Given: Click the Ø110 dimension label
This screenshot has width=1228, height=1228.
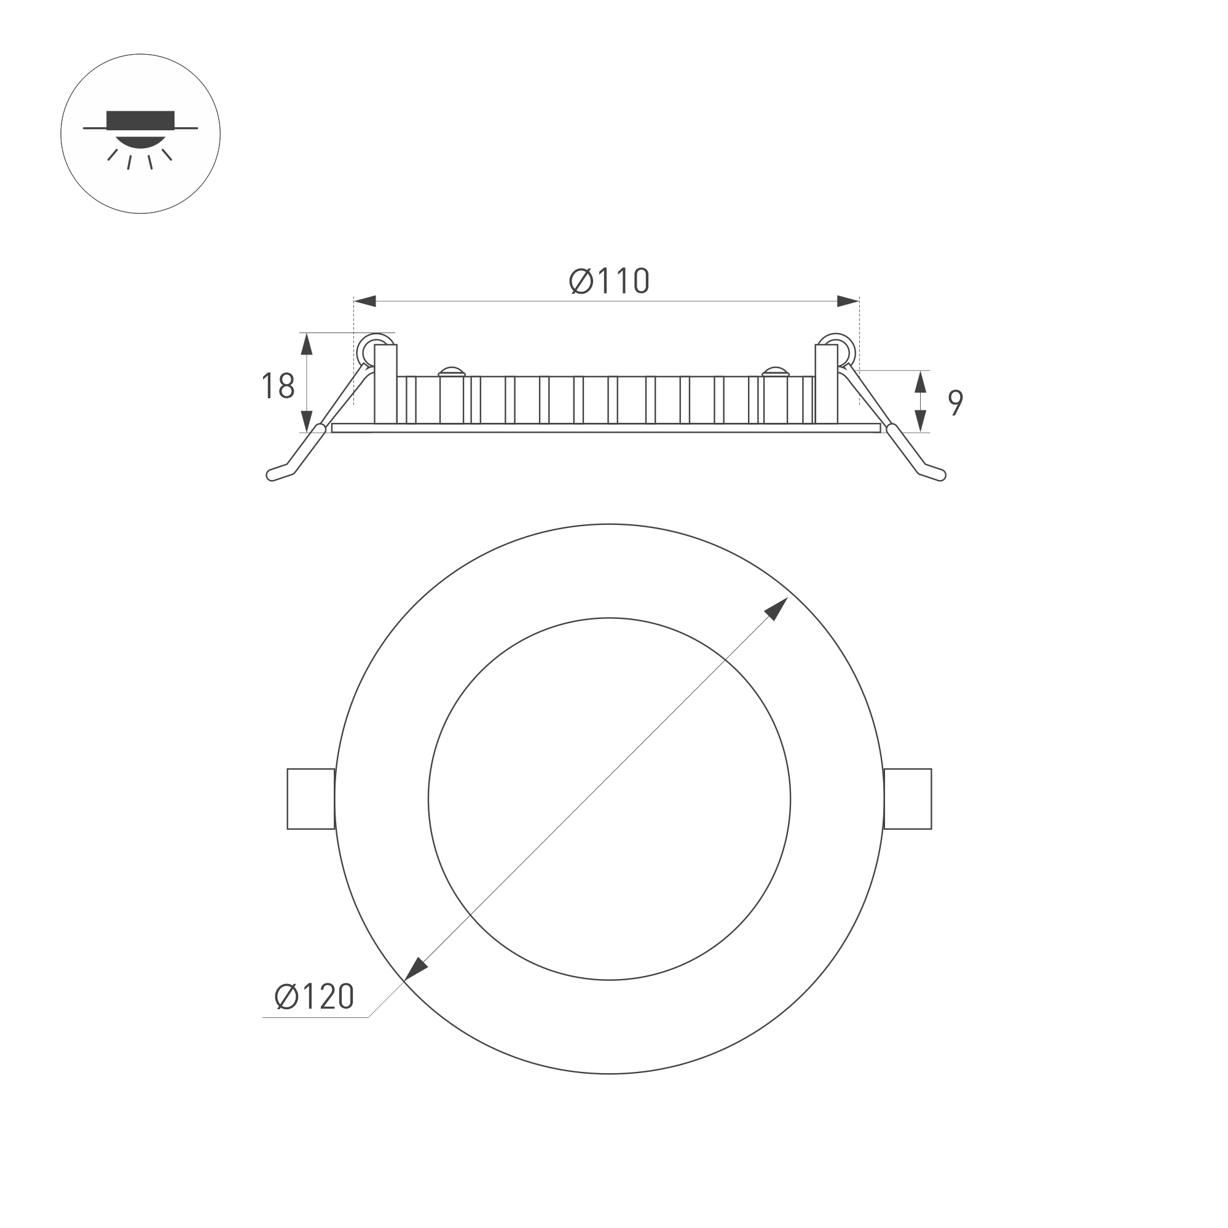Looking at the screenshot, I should pyautogui.click(x=609, y=281).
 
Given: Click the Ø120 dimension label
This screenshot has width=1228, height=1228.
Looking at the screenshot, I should pyautogui.click(x=314, y=996).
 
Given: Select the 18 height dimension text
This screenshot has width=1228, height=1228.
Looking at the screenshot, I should pyautogui.click(x=278, y=386).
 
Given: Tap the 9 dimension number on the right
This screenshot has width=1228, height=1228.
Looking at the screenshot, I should pyautogui.click(x=955, y=403).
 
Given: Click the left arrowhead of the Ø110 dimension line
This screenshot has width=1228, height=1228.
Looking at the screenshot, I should pyautogui.click(x=365, y=301).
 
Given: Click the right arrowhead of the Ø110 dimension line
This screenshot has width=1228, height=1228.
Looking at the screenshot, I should pyautogui.click(x=848, y=301).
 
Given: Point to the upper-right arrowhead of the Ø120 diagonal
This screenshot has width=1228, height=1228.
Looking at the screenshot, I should pyautogui.click(x=777, y=610).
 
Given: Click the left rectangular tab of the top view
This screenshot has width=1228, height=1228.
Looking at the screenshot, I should pyautogui.click(x=311, y=799).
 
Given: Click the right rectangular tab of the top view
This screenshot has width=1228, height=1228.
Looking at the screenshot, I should pyautogui.click(x=908, y=799).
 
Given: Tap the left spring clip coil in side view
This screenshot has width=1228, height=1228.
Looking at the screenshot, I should pyautogui.click(x=375, y=350).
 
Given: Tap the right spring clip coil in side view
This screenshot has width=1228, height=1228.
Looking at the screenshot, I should pyautogui.click(x=837, y=350).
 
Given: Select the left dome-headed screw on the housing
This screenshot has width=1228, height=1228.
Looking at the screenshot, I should pyautogui.click(x=452, y=371).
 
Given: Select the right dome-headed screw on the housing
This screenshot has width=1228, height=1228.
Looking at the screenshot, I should pyautogui.click(x=776, y=371).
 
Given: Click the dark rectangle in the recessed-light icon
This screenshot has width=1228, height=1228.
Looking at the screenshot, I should pyautogui.click(x=141, y=119).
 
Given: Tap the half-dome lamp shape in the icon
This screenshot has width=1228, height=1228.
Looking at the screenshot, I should pyautogui.click(x=141, y=141).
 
